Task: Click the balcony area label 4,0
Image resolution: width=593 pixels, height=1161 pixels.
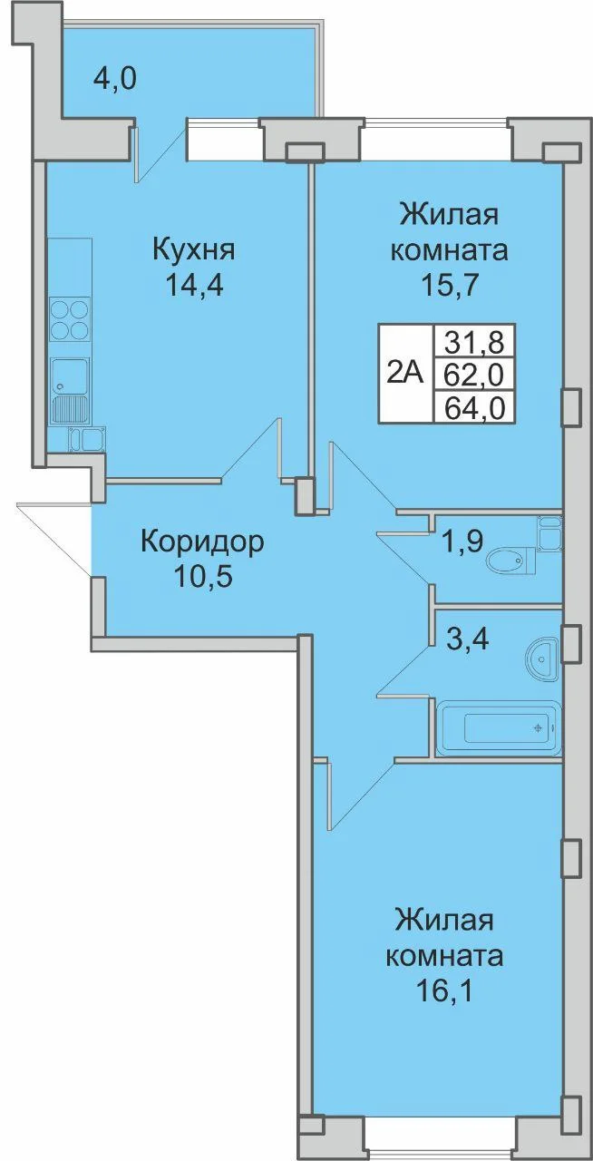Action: pyautogui.click(x=115, y=81)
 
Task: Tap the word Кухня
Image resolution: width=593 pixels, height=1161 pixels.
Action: pyautogui.click(x=194, y=249)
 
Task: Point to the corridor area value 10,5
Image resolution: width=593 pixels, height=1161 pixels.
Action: pyautogui.click(x=203, y=577)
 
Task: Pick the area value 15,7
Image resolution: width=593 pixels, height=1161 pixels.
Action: pyautogui.click(x=449, y=285)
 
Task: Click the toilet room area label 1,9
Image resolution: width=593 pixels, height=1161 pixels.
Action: pyautogui.click(x=462, y=541)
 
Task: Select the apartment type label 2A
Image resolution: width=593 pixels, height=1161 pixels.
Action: pyautogui.click(x=405, y=372)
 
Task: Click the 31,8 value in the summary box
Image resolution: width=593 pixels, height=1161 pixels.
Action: pyautogui.click(x=473, y=341)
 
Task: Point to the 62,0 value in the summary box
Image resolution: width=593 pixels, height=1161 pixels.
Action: pyautogui.click(x=473, y=375)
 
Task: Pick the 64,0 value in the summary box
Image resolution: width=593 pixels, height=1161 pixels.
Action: pyautogui.click(x=473, y=406)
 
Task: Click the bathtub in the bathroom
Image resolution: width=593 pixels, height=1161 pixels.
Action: pyautogui.click(x=499, y=727)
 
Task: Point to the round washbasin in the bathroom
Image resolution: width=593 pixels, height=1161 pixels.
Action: pyautogui.click(x=542, y=659)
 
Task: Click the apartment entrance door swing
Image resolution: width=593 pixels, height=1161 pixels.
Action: pyautogui.click(x=54, y=539)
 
